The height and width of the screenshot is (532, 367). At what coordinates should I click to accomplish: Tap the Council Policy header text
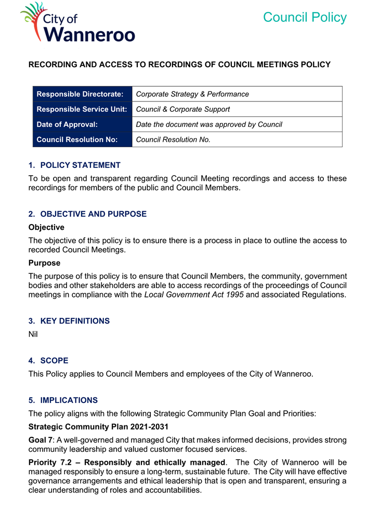click(304, 17)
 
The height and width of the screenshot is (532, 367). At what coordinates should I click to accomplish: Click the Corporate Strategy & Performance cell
click(192, 94)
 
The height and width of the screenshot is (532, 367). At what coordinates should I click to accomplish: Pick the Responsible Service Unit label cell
click(82, 109)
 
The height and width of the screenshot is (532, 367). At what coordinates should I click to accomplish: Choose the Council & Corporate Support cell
click(182, 109)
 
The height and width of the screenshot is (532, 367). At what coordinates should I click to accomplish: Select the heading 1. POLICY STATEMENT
click(74, 165)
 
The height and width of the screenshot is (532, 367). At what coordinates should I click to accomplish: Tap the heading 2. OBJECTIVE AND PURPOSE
click(87, 214)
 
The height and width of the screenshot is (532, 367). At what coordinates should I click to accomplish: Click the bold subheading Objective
click(46, 227)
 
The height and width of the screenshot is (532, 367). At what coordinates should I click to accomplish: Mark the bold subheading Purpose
click(44, 263)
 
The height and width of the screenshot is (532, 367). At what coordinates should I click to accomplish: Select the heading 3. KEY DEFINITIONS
click(69, 321)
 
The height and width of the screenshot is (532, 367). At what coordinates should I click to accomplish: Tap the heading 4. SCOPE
click(48, 360)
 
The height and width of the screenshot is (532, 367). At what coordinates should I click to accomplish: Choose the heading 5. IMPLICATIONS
click(63, 400)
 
